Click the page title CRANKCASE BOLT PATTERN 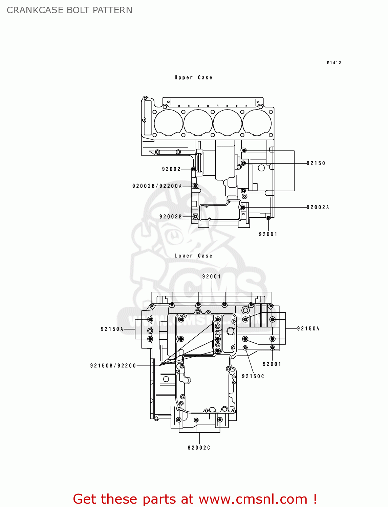tap(69, 10)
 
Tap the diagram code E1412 tap(334, 63)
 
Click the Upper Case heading tap(193, 78)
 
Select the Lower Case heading tap(193, 256)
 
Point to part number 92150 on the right tap(316, 163)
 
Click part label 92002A tap(318, 207)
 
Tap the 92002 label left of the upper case tap(171, 169)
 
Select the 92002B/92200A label tap(157, 186)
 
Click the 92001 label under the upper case tap(268, 234)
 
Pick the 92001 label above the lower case tap(212, 276)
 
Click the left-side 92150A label tap(112, 329)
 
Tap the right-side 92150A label tap(308, 329)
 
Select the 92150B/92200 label tap(113, 366)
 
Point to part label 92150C tap(253, 376)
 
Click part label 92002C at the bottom tap(199, 448)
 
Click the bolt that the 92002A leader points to tap(242, 207)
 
